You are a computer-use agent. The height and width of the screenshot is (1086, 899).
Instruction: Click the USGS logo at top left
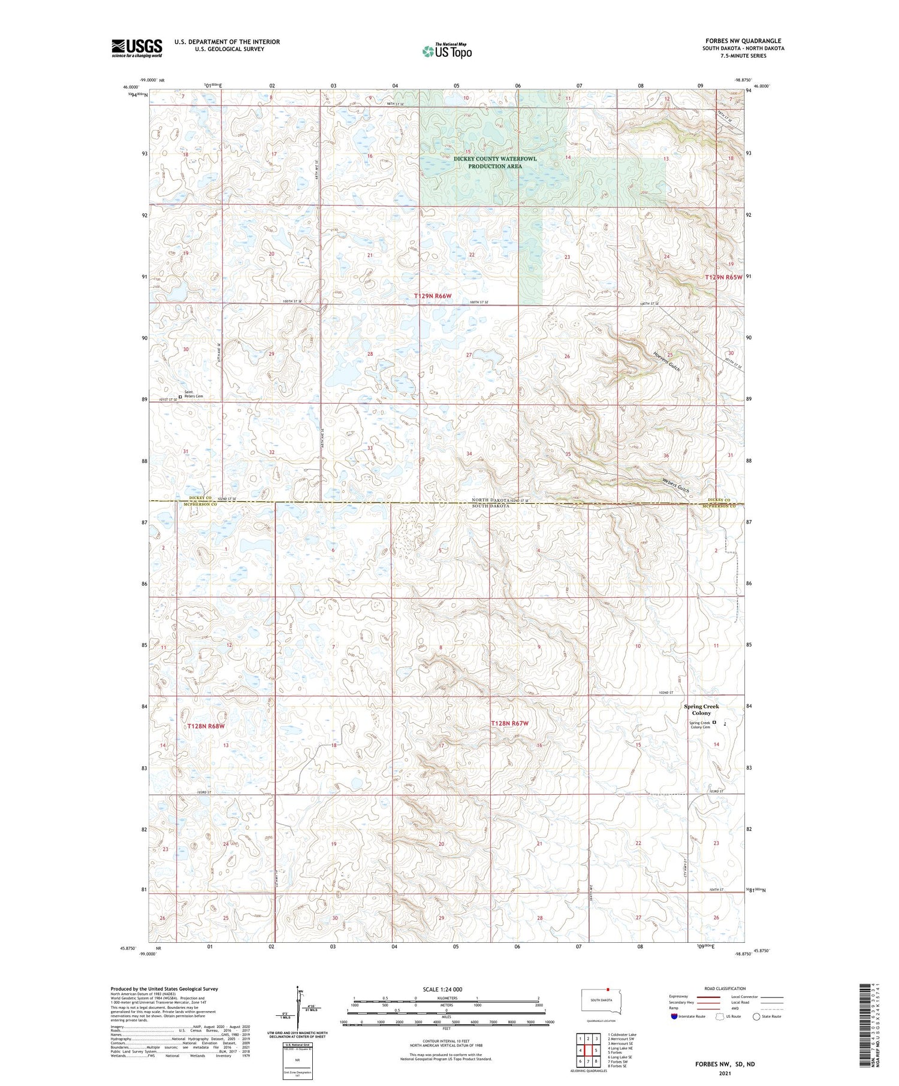click(x=137, y=48)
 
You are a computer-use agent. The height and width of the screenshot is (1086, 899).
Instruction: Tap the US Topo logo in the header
click(x=447, y=52)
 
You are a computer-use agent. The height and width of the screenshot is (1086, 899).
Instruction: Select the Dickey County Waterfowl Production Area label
click(x=495, y=162)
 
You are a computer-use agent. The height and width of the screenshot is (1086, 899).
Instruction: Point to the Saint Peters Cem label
click(x=194, y=395)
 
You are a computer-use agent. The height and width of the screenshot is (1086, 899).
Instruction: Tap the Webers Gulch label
click(x=675, y=485)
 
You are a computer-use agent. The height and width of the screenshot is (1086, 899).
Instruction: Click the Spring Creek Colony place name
click(x=701, y=709)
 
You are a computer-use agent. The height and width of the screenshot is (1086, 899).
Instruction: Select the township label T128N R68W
click(x=205, y=726)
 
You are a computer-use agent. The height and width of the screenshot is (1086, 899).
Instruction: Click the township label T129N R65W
click(x=723, y=277)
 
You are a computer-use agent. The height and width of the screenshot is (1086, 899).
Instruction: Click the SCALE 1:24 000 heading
click(x=447, y=989)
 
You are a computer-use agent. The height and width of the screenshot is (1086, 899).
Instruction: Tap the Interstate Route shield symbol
click(x=674, y=1017)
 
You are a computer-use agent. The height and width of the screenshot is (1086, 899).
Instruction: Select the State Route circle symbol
click(x=756, y=1017)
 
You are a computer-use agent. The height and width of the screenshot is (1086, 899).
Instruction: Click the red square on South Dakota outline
click(x=608, y=990)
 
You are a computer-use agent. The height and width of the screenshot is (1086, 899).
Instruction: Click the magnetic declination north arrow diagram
click(x=298, y=1006)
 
